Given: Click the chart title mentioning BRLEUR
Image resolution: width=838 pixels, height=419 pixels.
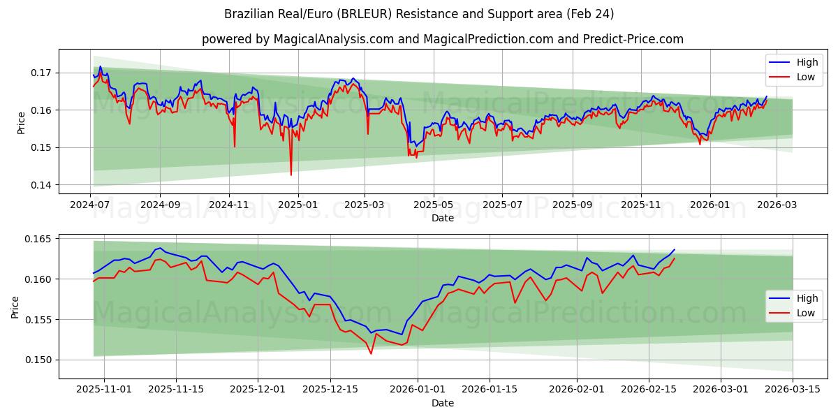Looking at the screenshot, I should pos(419,14).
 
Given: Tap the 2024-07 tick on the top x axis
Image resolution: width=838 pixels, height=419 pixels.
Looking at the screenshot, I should pos(91,205).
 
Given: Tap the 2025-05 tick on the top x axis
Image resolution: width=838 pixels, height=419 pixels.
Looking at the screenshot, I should pos(434,205).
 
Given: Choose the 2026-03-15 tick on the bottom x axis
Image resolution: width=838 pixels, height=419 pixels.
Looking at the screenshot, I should pos(793,390).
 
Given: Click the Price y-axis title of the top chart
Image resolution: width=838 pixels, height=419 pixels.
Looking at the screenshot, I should pos(21,122).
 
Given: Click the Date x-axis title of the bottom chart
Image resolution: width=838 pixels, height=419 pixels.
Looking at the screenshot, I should pos(443,403).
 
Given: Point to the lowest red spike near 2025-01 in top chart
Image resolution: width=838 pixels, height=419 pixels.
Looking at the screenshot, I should pos(291,175).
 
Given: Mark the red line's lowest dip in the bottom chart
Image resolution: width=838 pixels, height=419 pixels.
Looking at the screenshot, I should pos(371,353).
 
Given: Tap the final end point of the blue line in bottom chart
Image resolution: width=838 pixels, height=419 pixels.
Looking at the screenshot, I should pos(675,249).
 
